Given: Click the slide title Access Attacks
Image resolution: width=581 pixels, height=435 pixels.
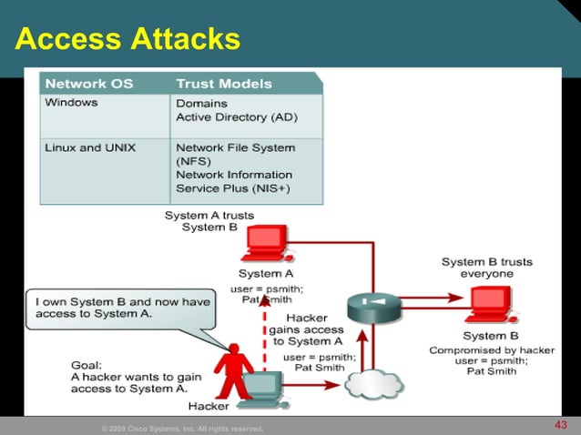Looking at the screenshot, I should (127, 39).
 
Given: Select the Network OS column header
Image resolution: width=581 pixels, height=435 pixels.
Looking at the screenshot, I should (89, 84).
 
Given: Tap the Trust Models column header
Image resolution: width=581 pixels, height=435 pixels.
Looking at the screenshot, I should (223, 84).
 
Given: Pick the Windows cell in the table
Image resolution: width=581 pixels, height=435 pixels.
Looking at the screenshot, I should (73, 103).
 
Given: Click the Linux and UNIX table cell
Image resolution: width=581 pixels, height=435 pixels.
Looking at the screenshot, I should (92, 147).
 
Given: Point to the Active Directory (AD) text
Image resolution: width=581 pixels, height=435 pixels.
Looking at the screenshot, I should (236, 117).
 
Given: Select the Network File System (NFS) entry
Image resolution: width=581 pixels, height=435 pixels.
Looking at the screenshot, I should (235, 153).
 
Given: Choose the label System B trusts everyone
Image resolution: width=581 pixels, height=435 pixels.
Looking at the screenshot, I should (486, 268).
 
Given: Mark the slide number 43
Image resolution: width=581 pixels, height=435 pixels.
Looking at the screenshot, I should (560, 425).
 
